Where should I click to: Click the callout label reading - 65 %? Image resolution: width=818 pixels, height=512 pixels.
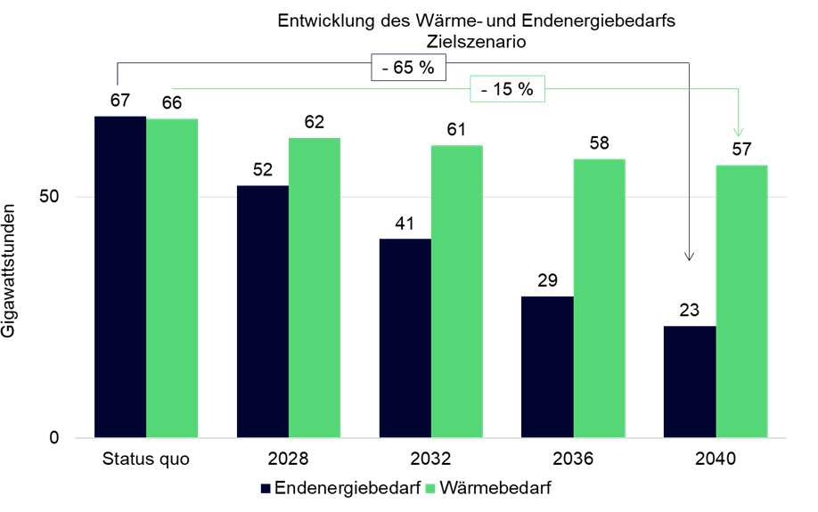[x=409, y=68]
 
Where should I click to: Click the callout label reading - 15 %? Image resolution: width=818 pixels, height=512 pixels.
[x=507, y=89]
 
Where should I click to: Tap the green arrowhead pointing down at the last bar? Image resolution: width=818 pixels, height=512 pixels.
[x=738, y=132]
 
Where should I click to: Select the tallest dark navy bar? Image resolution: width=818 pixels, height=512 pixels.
[x=119, y=276]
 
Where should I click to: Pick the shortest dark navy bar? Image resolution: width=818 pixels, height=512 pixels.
[x=689, y=381]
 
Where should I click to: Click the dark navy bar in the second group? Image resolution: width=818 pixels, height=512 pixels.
[x=262, y=312]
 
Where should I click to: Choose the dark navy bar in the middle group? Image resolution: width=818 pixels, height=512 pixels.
[x=405, y=338]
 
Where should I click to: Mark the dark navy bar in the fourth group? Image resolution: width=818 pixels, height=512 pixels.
[x=546, y=367]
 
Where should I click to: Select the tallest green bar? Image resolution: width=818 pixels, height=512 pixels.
[x=173, y=278]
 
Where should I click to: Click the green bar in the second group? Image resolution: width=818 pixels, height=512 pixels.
[x=315, y=287]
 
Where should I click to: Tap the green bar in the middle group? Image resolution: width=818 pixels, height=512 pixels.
[x=457, y=291]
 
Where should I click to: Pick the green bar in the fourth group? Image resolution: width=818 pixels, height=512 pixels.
[x=599, y=297]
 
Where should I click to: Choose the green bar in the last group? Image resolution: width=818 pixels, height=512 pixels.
[x=741, y=301]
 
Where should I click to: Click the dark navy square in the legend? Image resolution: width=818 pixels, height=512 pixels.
[x=266, y=489]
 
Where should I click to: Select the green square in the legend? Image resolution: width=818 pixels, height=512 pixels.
[x=430, y=489]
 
